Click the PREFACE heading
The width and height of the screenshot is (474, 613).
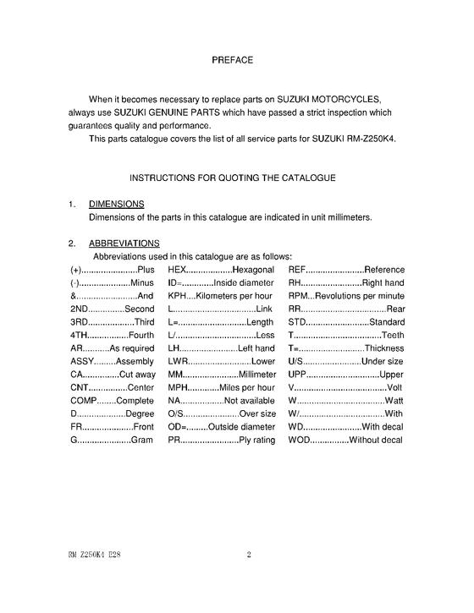[232, 60]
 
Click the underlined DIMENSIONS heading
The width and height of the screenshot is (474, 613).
[116, 204]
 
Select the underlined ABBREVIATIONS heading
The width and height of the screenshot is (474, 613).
[124, 244]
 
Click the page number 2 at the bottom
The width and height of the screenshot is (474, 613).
[249, 556]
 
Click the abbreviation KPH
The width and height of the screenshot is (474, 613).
[178, 297]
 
